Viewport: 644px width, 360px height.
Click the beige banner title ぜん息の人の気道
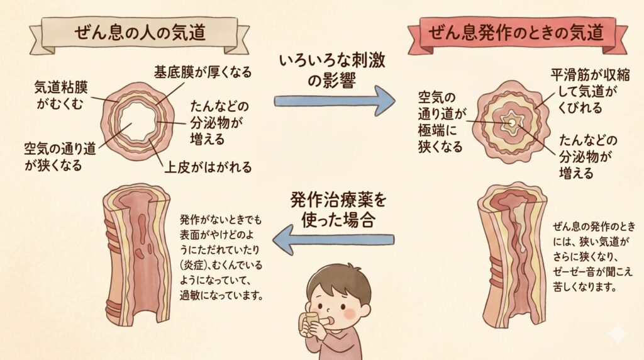[x=140, y=33]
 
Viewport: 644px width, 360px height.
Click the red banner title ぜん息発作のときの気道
[x=516, y=33]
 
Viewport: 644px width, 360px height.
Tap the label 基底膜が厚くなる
[x=203, y=72]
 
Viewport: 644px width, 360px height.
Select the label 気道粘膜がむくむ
[x=61, y=95]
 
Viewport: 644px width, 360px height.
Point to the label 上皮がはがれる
[x=208, y=167]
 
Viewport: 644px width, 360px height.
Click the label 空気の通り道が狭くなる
[x=60, y=157]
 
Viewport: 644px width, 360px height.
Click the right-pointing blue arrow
[x=335, y=101]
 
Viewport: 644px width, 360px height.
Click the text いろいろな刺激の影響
[x=332, y=70]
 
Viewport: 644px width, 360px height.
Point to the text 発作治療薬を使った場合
[x=338, y=210]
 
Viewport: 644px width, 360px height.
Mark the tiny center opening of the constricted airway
[x=512, y=123]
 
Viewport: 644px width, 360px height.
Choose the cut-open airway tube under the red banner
[x=513, y=256]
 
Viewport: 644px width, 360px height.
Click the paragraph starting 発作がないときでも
[x=221, y=257]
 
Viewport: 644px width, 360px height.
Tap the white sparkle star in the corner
[x=618, y=334]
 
